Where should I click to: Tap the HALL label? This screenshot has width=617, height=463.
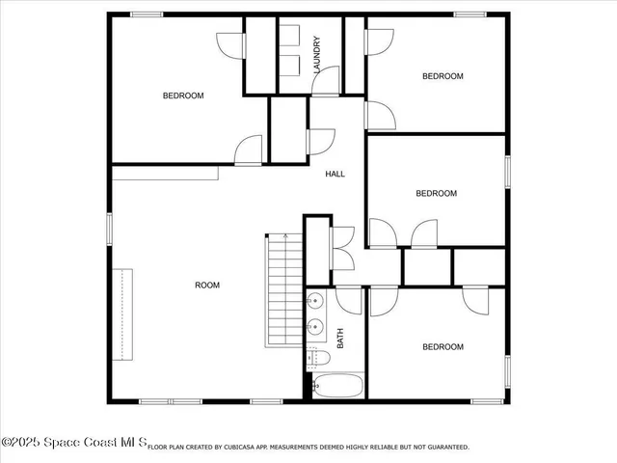335,174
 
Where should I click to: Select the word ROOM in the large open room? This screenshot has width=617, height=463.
207,285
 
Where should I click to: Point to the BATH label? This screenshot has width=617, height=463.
340,339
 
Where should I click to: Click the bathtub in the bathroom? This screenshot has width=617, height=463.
338,387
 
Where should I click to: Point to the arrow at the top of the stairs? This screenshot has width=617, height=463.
285,237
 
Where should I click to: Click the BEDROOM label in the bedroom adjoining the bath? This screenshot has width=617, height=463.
443,346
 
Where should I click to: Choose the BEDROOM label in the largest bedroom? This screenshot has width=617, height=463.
182,95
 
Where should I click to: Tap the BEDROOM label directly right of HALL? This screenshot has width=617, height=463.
436,193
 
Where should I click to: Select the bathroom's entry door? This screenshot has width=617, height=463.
350,299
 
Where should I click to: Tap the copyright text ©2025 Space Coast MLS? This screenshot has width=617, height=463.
73,443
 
